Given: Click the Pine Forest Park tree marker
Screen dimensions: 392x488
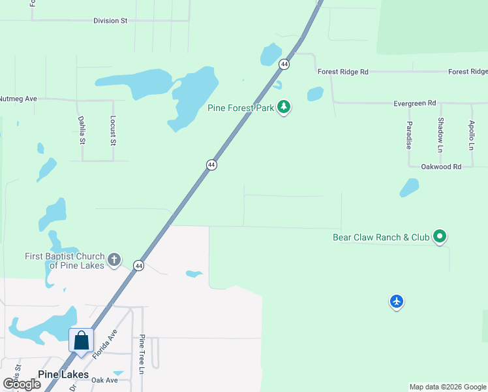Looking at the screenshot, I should click(284, 107).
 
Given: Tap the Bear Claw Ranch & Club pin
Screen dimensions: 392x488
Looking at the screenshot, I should click(440, 237).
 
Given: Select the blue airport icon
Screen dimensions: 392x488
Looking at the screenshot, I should click(397, 301).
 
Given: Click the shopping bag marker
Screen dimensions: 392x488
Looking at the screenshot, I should click(82, 341).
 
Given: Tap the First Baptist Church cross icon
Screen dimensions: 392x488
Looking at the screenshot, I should click(114, 260).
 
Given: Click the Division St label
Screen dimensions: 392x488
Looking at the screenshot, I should click(110, 21).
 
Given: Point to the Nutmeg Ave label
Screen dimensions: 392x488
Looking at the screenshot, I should click(18, 99).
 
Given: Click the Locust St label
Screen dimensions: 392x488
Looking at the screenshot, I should click(113, 131).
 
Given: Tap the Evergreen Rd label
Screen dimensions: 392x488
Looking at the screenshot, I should click(414, 103).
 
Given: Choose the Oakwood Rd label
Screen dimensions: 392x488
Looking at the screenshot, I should click(441, 167).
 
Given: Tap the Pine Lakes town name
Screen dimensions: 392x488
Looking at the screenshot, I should click(63, 374).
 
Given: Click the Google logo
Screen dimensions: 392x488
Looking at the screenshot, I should click(22, 384).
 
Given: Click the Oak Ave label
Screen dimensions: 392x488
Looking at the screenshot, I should click(104, 380).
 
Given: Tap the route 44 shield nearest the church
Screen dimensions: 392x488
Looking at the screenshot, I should click(138, 265).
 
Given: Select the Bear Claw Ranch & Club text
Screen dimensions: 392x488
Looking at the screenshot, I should click(381, 237).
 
